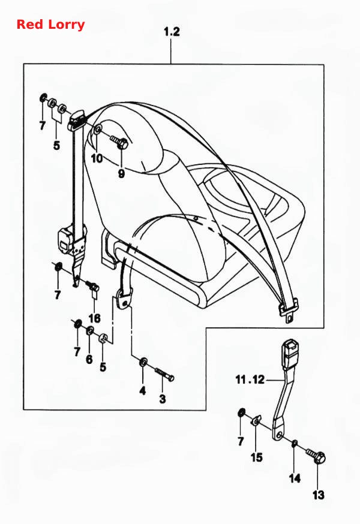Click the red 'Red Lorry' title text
pyautogui.click(x=50, y=25)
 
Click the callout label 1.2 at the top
pyautogui.click(x=172, y=32)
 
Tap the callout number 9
pyautogui.click(x=121, y=173)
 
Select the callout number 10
pyautogui.click(x=97, y=158)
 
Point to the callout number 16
pyautogui.click(x=95, y=318)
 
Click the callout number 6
pyautogui.click(x=89, y=360)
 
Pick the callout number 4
pyautogui.click(x=143, y=390)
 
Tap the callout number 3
pyautogui.click(x=163, y=399)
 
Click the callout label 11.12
pyautogui.click(x=250, y=380)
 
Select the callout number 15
pyautogui.click(x=257, y=457)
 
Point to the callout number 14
pyautogui.click(x=295, y=478)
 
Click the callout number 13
pyautogui.click(x=319, y=495)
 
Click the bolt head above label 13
pyautogui.click(x=320, y=457)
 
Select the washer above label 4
pyautogui.click(x=143, y=362)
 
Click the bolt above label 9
pyautogui.click(x=119, y=141)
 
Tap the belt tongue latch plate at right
pyautogui.click(x=288, y=311)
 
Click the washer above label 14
pyautogui.click(x=295, y=444)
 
